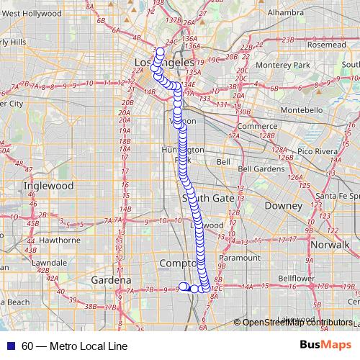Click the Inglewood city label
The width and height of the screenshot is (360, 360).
click(x=49, y=185)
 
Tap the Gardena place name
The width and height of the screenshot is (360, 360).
click(x=110, y=279)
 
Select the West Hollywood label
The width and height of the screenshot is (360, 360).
click(x=32, y=12)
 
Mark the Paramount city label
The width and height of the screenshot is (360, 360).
click(x=240, y=257)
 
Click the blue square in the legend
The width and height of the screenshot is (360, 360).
click(x=10, y=346)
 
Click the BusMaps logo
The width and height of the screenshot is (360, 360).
click(x=325, y=346)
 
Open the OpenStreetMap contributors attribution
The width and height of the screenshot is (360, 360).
click(x=297, y=323)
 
